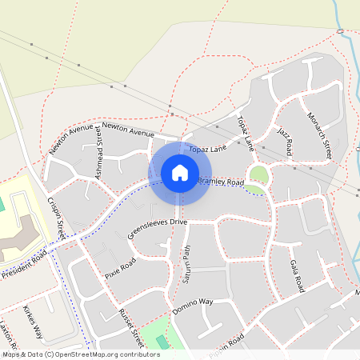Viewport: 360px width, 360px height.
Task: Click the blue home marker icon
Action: (x=180, y=172)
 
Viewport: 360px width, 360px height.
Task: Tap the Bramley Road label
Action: (x=221, y=183)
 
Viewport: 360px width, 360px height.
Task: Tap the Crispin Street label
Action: (x=56, y=218)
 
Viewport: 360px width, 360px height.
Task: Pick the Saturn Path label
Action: (x=186, y=263)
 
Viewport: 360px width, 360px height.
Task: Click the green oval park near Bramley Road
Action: (x=258, y=174)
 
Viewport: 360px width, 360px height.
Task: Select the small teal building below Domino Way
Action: (x=163, y=342)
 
